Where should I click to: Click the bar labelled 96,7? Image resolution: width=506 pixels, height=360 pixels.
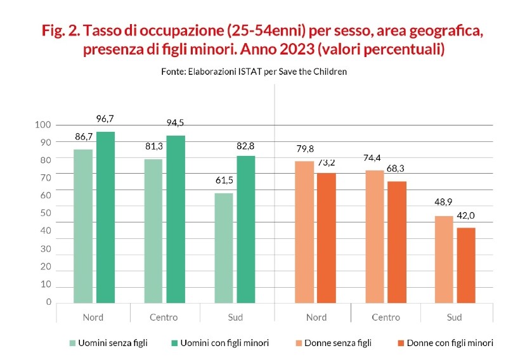105,217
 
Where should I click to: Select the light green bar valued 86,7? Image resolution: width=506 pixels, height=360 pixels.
83,226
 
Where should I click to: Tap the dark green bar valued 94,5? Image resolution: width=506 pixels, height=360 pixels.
176,219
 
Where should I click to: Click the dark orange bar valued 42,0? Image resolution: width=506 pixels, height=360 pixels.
466,265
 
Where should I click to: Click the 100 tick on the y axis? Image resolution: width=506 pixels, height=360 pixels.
43,125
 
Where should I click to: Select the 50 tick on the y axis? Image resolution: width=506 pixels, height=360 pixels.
46,213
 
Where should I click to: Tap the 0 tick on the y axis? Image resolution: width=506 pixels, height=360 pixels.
48,302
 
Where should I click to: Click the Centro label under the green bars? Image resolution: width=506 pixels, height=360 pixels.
164,317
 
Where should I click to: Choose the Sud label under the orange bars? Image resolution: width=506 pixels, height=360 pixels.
454,317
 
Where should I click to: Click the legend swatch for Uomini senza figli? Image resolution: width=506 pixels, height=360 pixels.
72,343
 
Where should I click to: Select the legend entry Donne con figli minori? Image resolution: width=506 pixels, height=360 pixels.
450,343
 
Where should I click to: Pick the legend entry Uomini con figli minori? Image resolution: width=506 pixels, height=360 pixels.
224,343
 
